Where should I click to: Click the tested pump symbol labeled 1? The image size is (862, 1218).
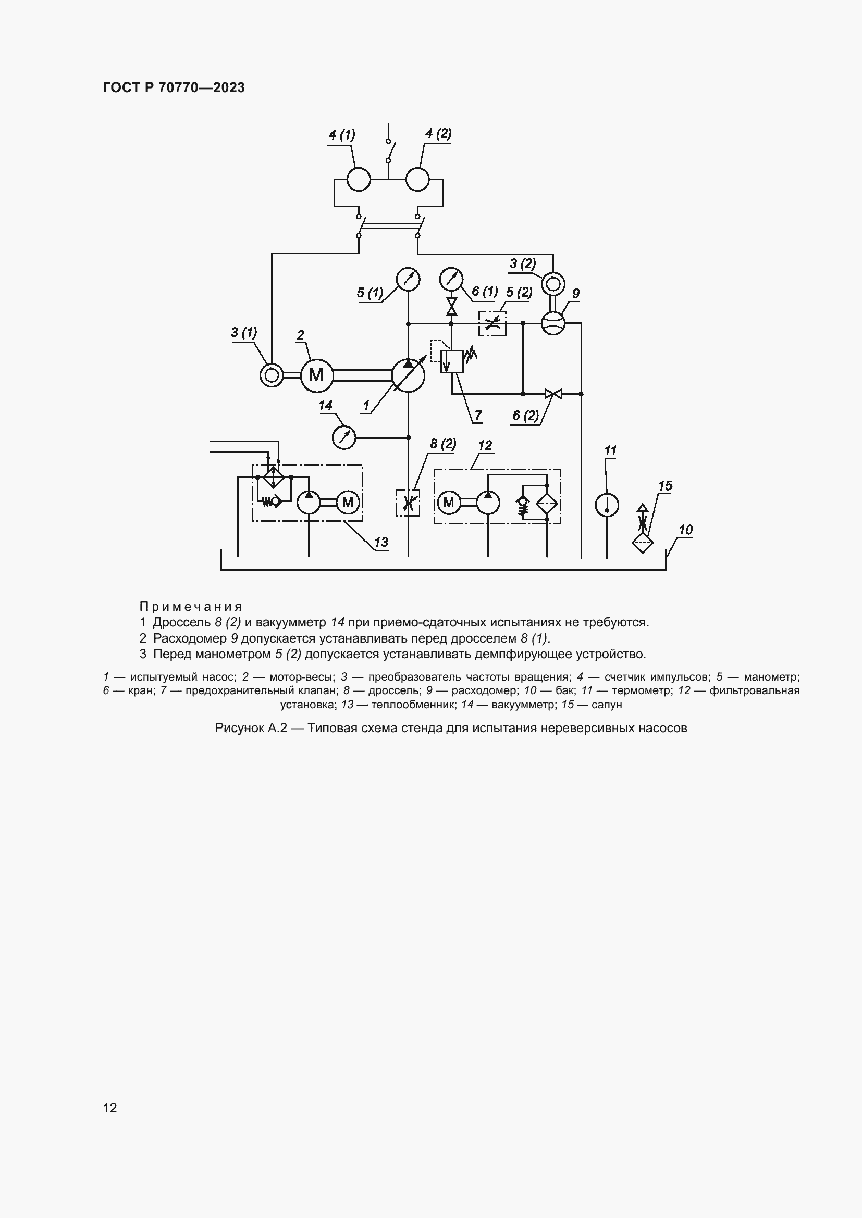408,375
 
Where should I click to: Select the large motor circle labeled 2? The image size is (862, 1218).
316,375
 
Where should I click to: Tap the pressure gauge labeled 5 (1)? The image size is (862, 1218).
408,279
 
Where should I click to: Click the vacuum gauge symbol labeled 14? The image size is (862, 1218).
344,437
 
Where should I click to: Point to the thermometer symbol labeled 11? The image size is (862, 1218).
607,505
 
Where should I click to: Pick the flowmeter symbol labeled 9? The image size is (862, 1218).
553,322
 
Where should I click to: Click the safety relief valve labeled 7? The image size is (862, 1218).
452,361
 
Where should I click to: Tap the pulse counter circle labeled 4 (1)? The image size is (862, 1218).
359,179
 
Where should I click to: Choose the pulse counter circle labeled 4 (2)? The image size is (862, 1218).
417,179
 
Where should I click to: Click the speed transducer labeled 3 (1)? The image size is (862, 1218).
271,375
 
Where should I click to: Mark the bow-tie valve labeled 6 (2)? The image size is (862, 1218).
553,394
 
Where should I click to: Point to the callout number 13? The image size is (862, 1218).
381,542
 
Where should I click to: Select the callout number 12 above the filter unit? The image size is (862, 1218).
485,446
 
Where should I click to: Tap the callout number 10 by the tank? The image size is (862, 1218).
685,530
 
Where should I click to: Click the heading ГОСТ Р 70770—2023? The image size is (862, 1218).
174,88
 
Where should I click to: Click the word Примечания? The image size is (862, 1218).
191,606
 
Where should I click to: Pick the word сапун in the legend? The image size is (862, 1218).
606,705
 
